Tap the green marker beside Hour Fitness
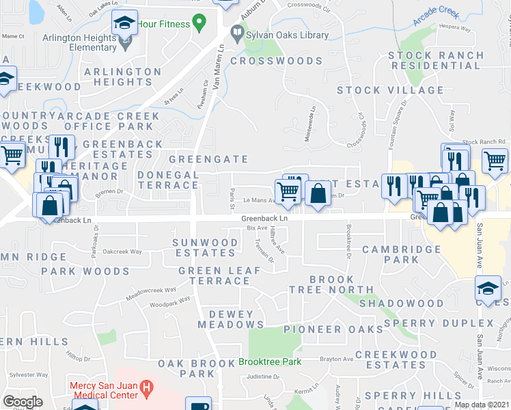coord(199,23)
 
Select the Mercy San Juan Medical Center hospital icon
coord(146,389)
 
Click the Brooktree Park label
coord(270,360)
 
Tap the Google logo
coord(23,402)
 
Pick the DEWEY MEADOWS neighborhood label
coord(230,319)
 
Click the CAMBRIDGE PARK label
coord(400,255)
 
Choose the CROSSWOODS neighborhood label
coord(275,61)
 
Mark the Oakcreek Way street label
coord(122,251)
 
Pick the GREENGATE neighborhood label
coord(208,159)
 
